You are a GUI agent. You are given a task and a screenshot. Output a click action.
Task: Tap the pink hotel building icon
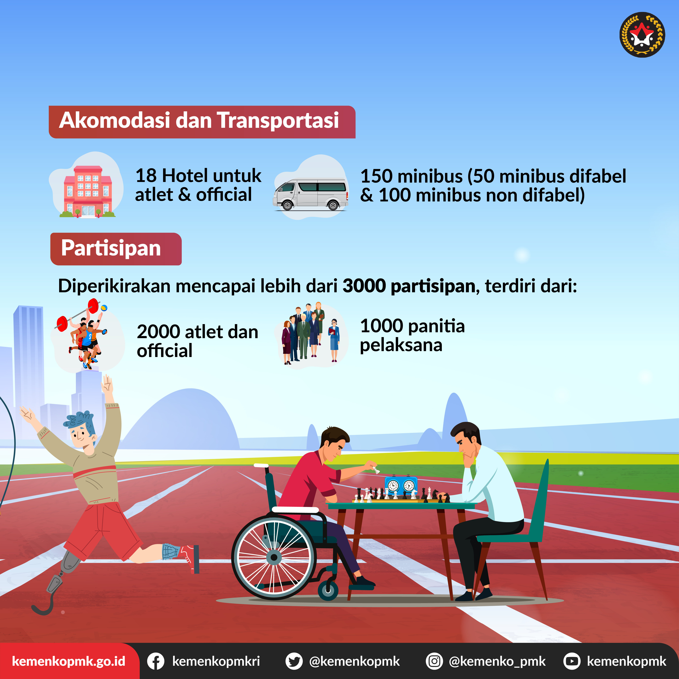(88, 191)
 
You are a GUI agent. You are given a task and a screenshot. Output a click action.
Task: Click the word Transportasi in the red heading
(278, 120)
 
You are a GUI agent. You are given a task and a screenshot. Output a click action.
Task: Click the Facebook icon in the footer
(155, 661)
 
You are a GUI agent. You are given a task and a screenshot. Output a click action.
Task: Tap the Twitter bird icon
(294, 661)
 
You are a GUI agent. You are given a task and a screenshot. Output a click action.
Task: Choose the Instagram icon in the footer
(434, 661)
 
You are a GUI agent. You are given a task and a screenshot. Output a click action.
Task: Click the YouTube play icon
(572, 661)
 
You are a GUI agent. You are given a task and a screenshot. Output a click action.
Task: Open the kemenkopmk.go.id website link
(68, 661)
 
